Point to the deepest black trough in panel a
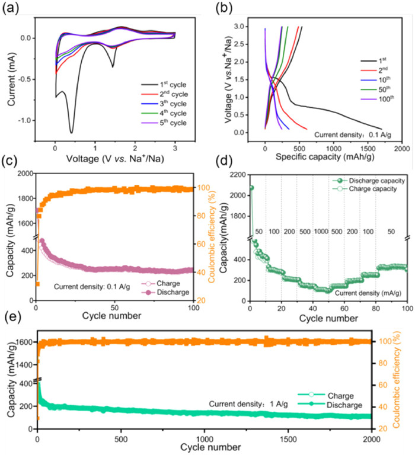(x=71, y=132)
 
